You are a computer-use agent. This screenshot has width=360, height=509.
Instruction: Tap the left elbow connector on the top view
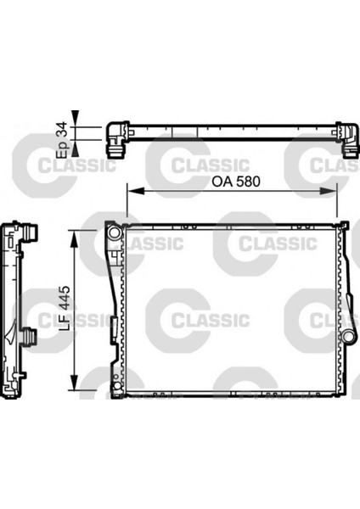(x=116, y=137)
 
